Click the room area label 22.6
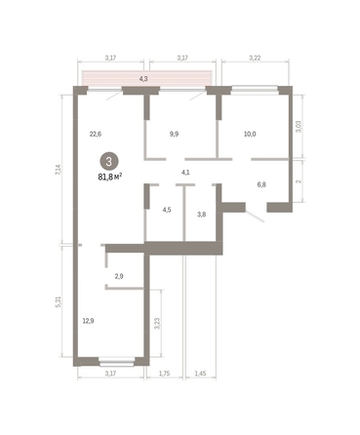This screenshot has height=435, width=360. pos(96,135)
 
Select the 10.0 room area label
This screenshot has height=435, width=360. pos(249,136)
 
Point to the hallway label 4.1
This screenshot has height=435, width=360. pos(184,173)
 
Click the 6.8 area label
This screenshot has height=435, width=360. pos(261,182)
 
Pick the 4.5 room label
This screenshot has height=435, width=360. pos(166,208)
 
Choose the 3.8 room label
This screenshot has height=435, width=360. pos(202,214)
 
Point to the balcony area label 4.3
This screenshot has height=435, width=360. pos(143,78)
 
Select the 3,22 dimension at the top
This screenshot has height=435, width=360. pos(256,58)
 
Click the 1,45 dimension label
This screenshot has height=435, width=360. pos(199,374)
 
